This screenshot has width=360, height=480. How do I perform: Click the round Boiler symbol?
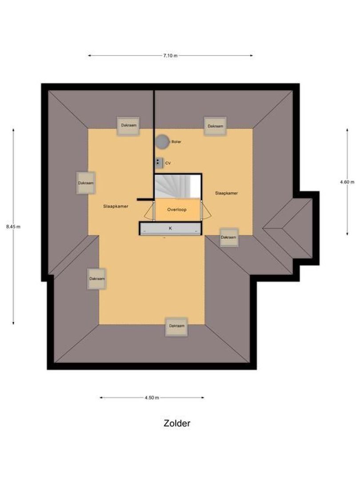click(162, 142)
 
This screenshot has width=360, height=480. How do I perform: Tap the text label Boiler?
click(176, 142)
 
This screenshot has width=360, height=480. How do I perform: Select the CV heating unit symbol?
click(159, 163)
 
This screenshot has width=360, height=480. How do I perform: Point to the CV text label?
click(168, 163)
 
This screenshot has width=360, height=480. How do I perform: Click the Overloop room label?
click(176, 209)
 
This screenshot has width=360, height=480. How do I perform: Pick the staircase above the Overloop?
click(177, 186)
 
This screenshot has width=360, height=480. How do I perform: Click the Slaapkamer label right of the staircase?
click(226, 193)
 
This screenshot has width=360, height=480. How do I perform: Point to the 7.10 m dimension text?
click(170, 56)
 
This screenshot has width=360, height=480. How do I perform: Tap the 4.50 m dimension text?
click(152, 398)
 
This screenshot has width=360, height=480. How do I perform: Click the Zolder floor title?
click(177, 423)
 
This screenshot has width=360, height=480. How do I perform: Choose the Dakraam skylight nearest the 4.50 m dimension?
click(176, 327)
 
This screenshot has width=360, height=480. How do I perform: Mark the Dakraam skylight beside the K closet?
click(228, 237)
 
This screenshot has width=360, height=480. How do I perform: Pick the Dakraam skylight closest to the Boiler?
click(128, 126)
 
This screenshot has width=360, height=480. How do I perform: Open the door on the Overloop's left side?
click(148, 211)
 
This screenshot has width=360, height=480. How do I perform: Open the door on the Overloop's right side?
click(205, 210)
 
